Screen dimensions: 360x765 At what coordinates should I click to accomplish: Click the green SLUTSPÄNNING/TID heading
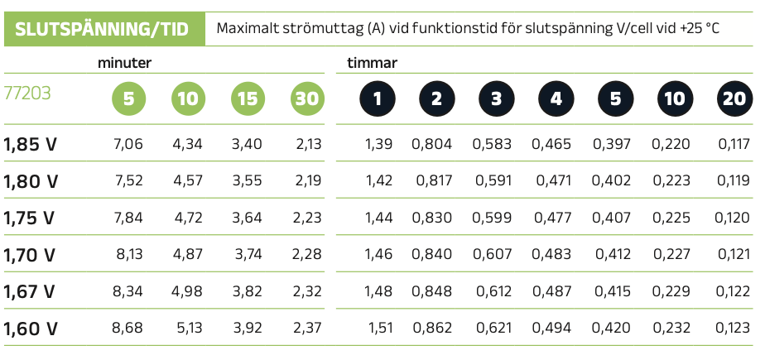(x=104, y=29)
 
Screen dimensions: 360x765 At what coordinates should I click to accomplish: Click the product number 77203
(x=27, y=94)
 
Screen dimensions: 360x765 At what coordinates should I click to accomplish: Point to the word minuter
(x=123, y=63)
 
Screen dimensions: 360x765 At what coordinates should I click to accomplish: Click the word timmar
(x=372, y=63)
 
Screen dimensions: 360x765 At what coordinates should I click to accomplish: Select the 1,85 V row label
(x=31, y=145)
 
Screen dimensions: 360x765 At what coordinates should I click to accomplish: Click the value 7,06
(x=127, y=145)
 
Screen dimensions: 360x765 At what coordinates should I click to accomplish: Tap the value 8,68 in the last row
(x=127, y=329)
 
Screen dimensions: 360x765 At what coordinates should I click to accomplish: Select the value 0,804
(x=432, y=145)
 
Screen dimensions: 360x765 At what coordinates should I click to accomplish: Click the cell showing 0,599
(x=492, y=218)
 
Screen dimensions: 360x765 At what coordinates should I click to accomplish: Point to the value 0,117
(x=734, y=145)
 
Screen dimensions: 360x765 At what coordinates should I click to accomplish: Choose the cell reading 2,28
(x=306, y=255)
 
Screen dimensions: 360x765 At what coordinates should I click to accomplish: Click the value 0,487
(x=551, y=291)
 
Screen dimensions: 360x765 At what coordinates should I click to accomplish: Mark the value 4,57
(x=187, y=181)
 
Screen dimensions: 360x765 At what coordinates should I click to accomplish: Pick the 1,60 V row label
(x=31, y=329)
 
